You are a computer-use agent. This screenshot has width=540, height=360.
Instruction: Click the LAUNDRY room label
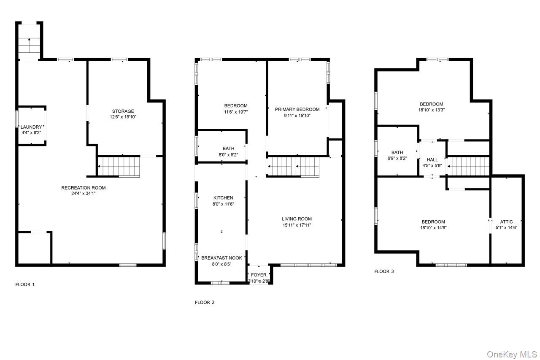point(32,127)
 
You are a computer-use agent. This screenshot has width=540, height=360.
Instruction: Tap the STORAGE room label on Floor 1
point(123,111)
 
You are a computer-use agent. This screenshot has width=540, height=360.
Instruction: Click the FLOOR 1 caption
point(25,284)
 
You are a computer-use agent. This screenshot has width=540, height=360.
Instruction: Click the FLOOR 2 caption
point(205,302)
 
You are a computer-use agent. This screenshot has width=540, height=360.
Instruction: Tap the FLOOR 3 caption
point(384,271)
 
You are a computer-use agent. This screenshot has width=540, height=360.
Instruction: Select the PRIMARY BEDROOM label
point(297,109)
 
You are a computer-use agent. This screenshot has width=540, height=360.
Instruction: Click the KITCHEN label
point(223,198)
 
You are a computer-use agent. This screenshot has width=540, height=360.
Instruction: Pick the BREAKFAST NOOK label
point(222,258)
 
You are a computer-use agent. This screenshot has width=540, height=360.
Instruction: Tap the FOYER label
point(259,275)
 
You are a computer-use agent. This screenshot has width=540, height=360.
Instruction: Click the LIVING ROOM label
point(297,219)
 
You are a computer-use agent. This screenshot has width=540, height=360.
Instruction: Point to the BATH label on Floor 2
point(228,149)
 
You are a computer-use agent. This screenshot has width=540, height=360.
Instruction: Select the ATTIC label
point(506,222)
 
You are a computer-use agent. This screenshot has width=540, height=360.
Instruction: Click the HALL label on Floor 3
point(432,160)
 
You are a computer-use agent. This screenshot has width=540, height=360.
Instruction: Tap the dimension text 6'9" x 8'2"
point(397,159)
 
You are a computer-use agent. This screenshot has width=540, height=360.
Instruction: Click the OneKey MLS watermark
point(512,354)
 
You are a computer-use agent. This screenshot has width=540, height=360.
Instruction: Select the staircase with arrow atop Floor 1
point(29,42)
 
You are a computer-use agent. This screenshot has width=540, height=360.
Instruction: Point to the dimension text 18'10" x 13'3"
point(432,110)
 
